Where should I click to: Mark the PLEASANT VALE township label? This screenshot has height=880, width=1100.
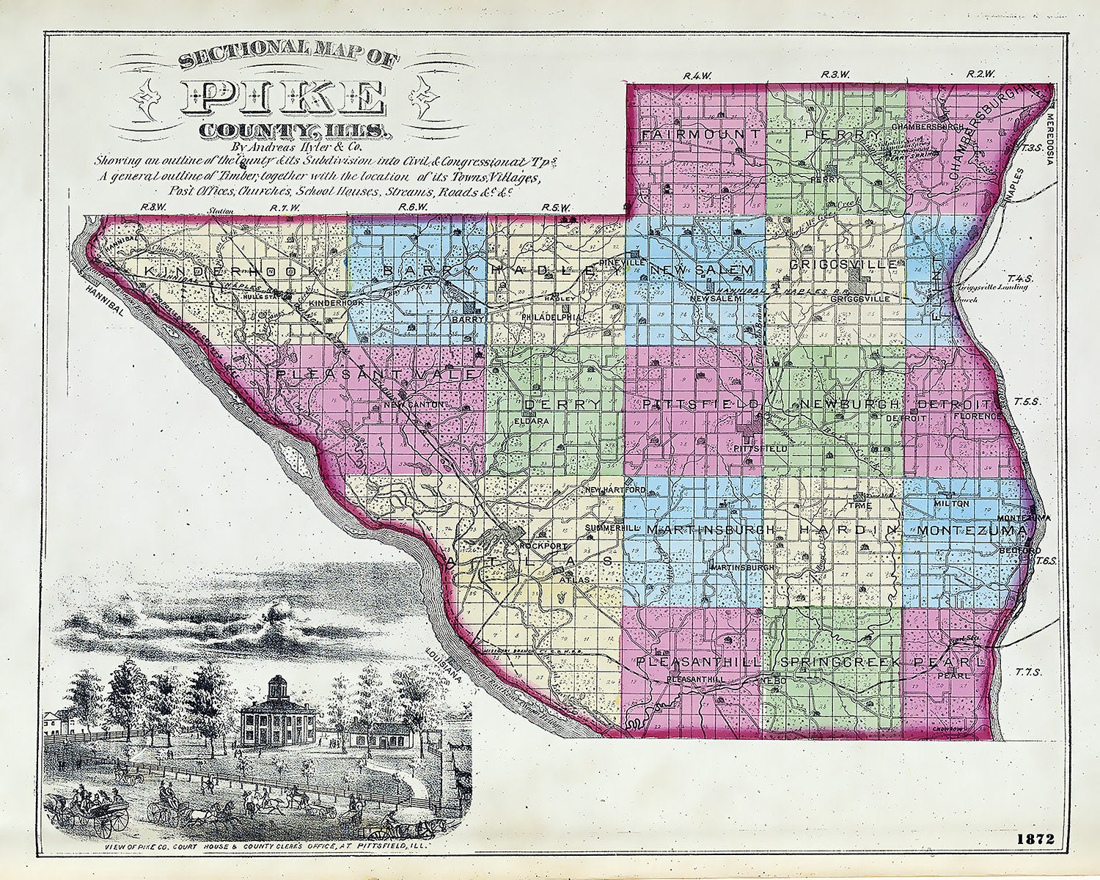[x=378, y=375]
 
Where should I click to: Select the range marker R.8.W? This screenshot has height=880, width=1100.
[x=152, y=208]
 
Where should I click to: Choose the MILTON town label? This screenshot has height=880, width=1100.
[x=952, y=504]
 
